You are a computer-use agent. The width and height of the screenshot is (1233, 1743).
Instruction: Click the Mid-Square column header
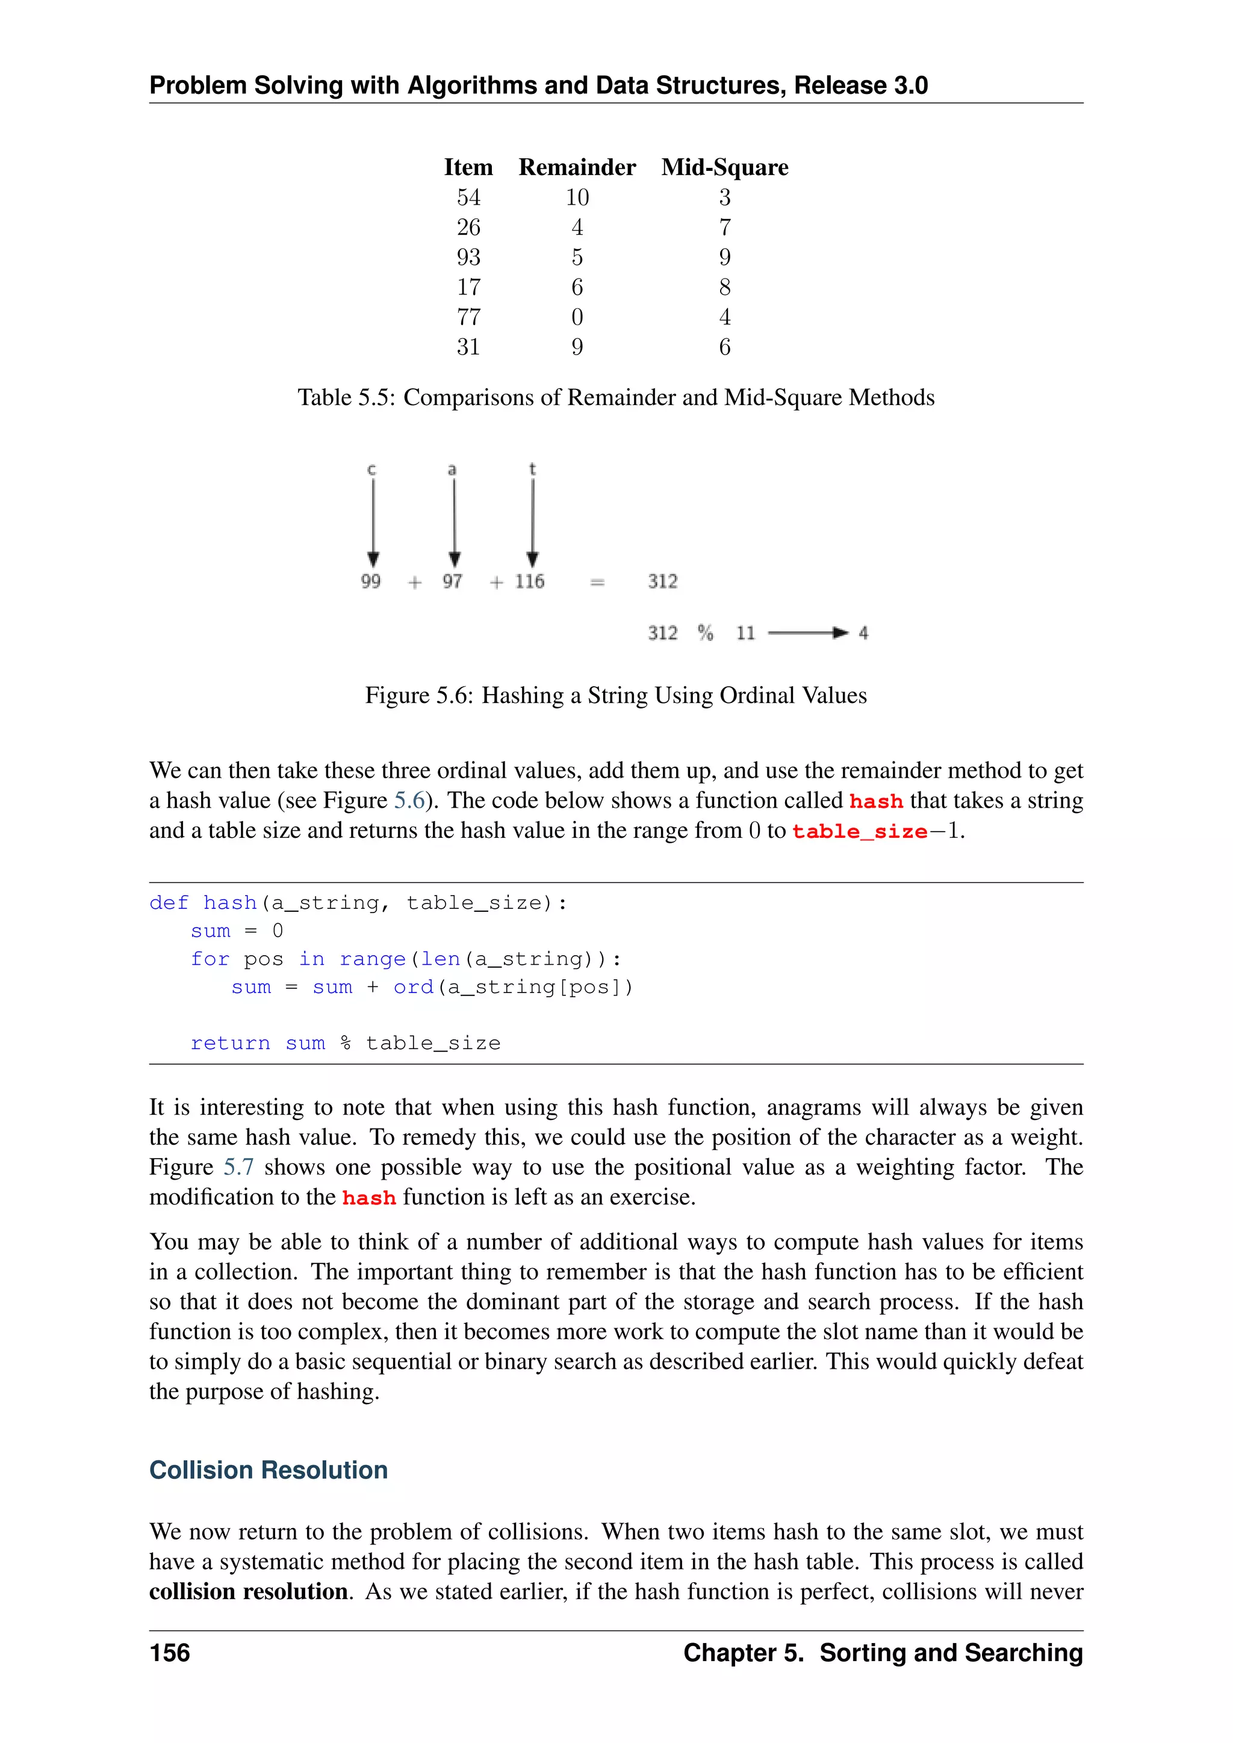point(724,167)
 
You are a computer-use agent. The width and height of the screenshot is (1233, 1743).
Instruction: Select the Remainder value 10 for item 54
point(577,197)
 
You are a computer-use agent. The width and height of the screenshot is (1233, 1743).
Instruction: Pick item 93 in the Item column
point(468,258)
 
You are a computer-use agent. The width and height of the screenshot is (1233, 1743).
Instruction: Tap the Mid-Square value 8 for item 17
point(724,287)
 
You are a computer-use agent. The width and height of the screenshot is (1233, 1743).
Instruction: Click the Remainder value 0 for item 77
point(577,317)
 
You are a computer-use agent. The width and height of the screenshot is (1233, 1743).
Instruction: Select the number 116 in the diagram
point(529,581)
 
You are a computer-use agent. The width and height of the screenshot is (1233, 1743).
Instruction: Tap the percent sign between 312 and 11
point(706,633)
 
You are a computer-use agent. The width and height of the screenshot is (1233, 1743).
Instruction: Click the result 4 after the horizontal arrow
point(863,633)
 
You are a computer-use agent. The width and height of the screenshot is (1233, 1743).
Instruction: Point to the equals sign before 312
point(597,582)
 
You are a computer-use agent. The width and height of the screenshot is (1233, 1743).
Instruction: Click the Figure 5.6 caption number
point(453,695)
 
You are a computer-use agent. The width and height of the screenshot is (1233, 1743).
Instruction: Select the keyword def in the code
point(169,903)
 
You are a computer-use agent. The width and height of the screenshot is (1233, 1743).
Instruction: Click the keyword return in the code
point(230,1043)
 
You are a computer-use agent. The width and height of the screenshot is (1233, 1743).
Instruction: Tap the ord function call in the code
point(413,987)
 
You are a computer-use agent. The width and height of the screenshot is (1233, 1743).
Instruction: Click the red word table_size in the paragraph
point(860,831)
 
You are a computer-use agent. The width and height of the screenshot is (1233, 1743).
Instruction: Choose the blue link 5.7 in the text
point(238,1167)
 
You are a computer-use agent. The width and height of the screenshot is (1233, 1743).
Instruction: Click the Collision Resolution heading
point(269,1470)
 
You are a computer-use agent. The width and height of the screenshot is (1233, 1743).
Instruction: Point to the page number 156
point(170,1653)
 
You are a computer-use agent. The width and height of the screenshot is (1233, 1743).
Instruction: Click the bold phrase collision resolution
point(248,1591)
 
